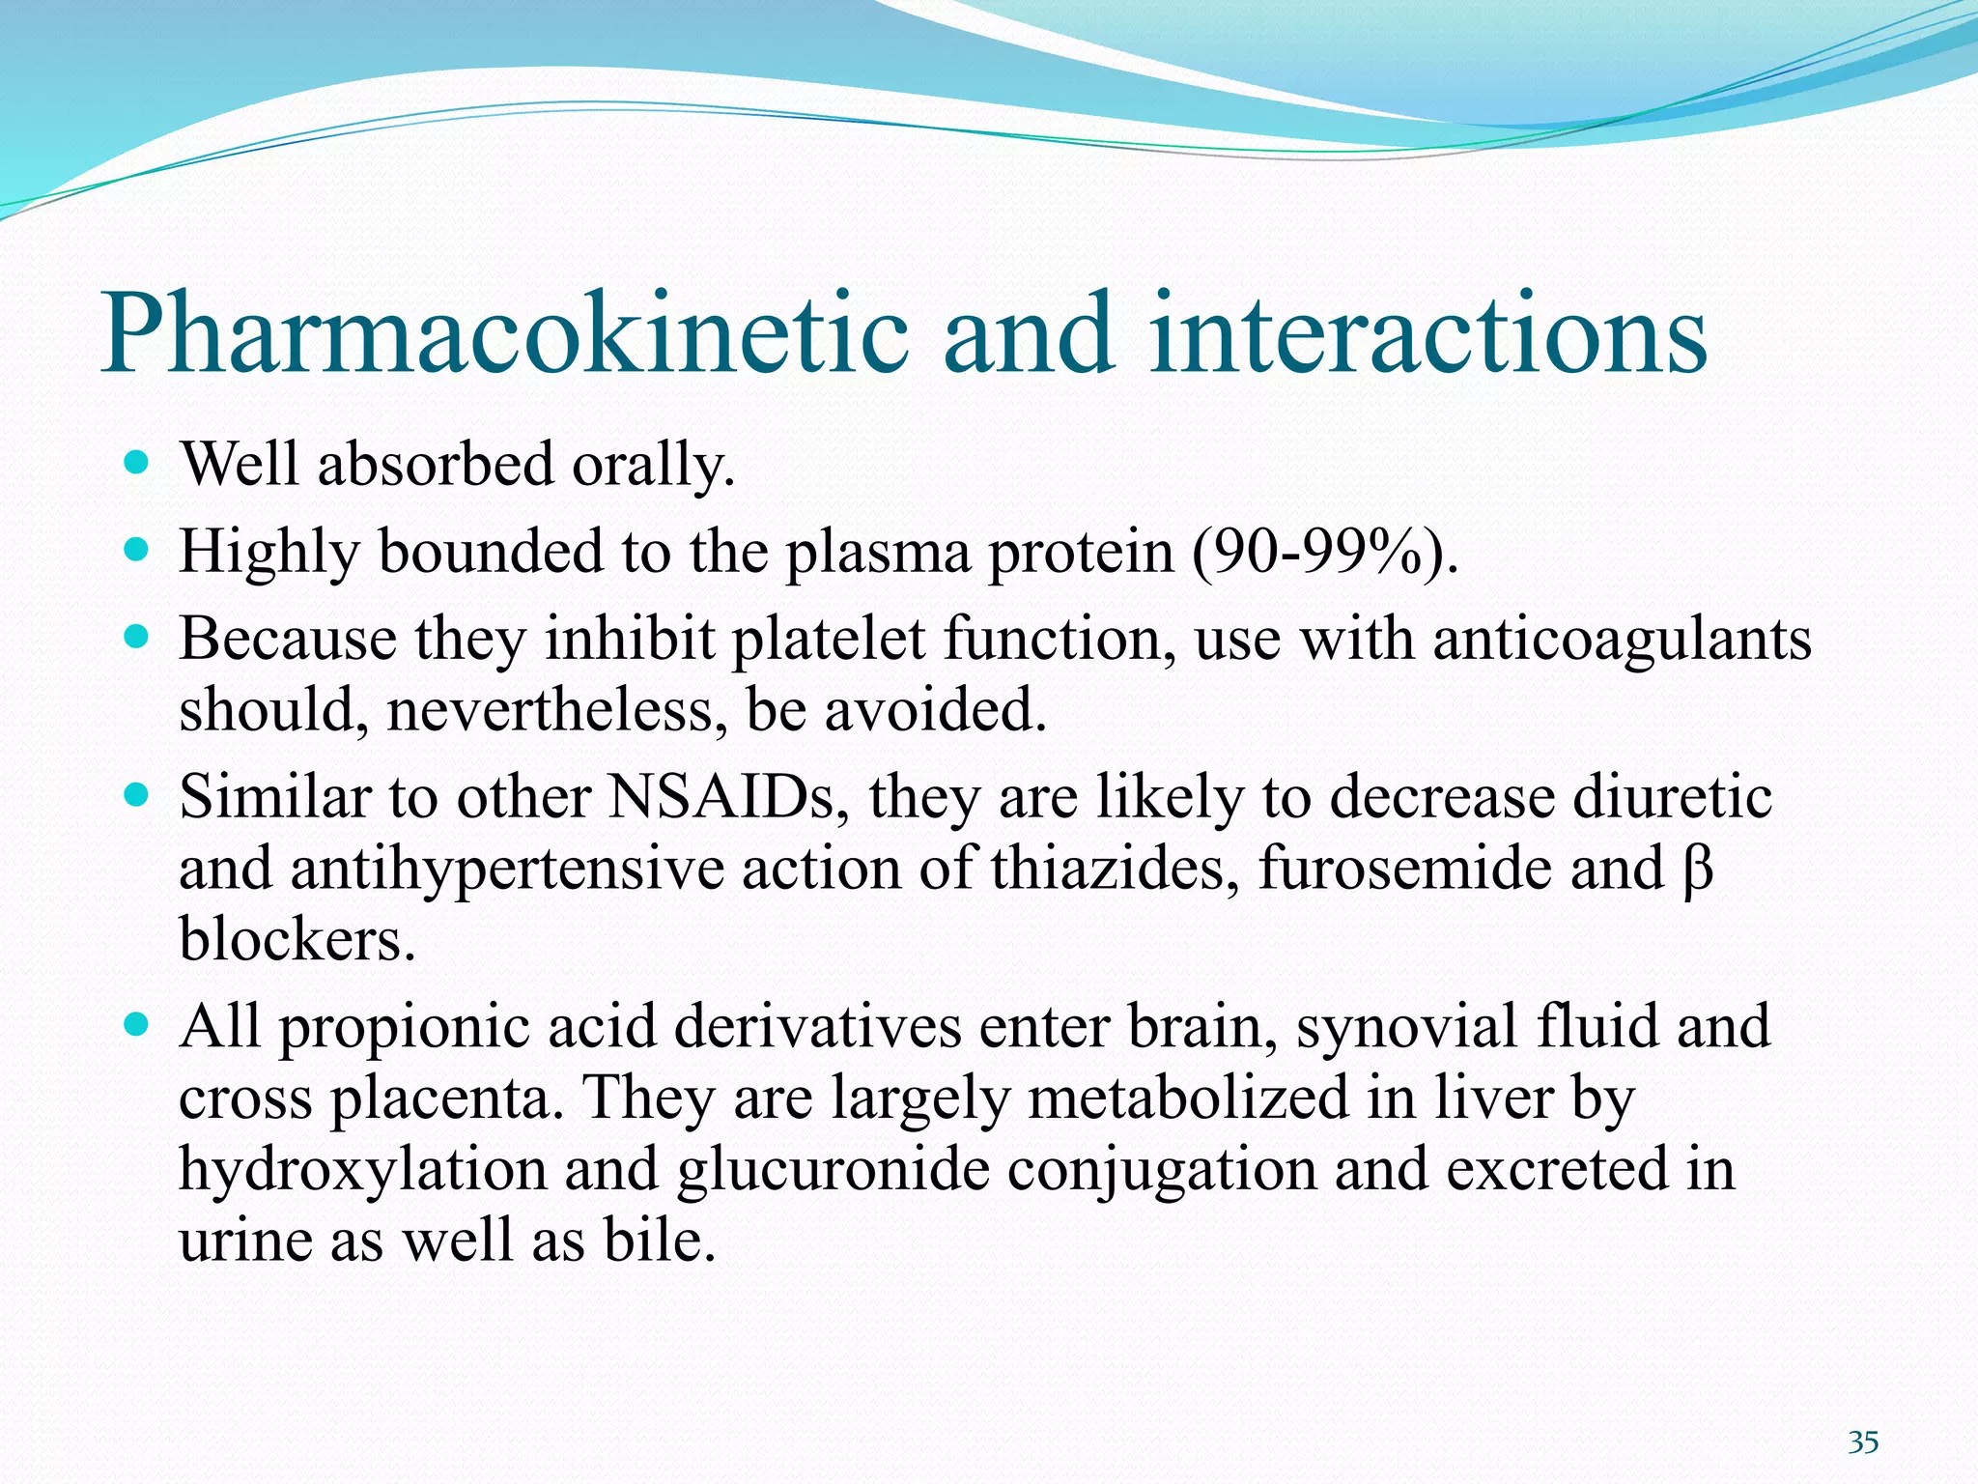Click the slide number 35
click(x=1863, y=1442)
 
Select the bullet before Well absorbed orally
click(x=137, y=464)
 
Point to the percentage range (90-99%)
click(x=1322, y=554)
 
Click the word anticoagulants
click(x=1622, y=640)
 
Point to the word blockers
click(x=297, y=939)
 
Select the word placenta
click(x=446, y=1099)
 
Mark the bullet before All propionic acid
click(x=137, y=1024)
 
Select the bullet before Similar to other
click(x=137, y=796)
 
